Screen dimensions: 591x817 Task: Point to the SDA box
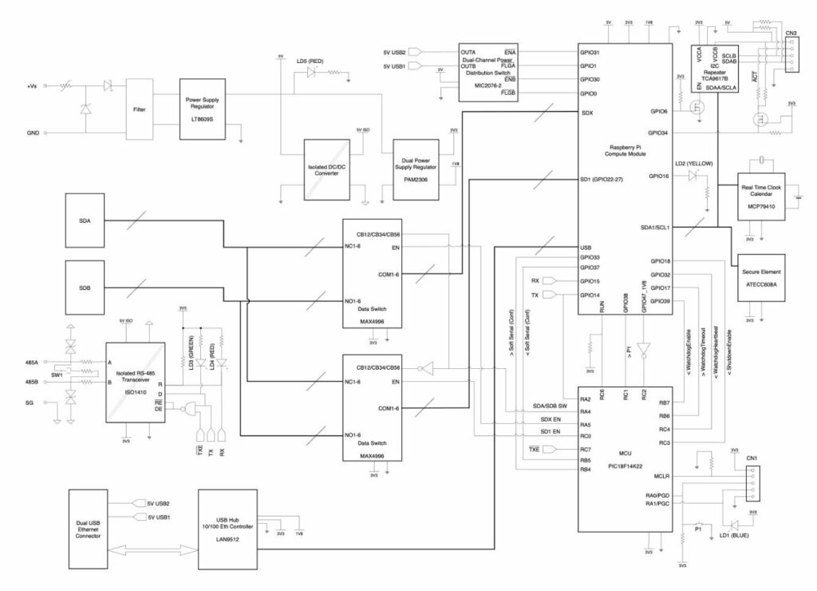[x=85, y=220]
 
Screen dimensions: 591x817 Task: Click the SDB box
[x=85, y=287]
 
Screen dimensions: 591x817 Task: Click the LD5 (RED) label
[x=310, y=61]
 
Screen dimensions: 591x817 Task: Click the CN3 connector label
[x=790, y=34]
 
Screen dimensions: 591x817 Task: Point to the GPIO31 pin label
[x=590, y=53]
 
